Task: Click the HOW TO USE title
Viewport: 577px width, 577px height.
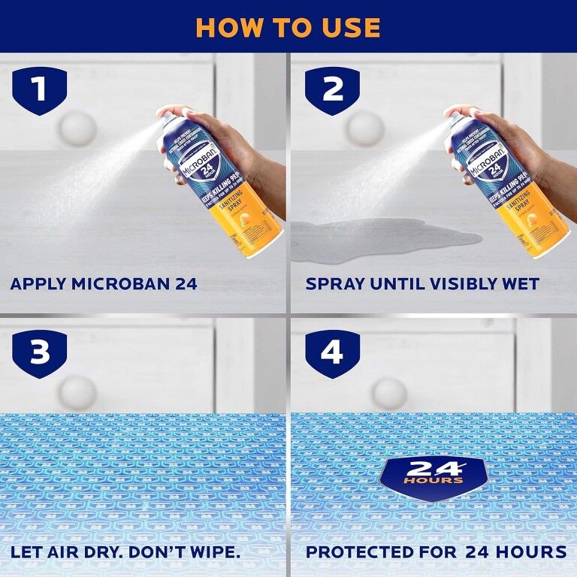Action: coord(288,27)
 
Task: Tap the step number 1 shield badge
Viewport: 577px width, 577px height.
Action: coord(39,90)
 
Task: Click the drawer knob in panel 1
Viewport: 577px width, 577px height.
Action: coord(77,128)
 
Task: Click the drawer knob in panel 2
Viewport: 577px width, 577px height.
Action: coord(366,128)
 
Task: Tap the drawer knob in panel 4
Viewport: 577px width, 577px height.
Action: coord(389,393)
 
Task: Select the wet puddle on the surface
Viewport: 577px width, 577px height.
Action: coord(383,239)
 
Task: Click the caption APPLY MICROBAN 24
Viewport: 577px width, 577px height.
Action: coord(103,284)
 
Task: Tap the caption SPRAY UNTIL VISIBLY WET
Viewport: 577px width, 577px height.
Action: coord(422,284)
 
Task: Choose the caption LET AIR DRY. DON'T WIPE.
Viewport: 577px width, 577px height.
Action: coord(125,552)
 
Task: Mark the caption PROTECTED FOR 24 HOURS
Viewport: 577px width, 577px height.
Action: coord(436,552)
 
